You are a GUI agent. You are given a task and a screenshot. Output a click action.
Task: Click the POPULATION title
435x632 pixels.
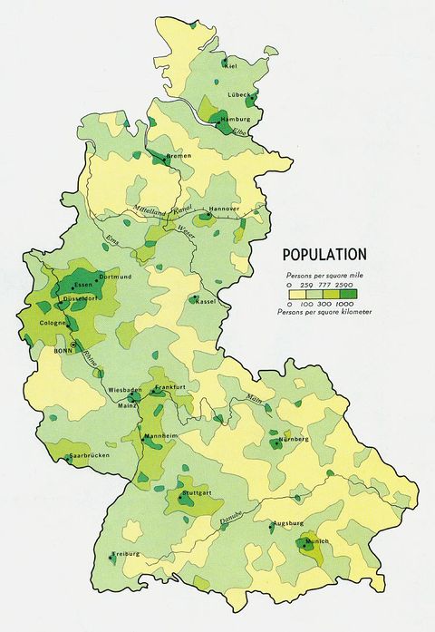(324, 255)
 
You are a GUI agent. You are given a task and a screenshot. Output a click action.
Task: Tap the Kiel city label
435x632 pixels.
(232, 65)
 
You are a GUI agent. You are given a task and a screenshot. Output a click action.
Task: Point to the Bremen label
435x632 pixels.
(179, 157)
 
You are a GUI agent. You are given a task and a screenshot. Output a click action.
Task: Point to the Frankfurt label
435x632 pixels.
(170, 387)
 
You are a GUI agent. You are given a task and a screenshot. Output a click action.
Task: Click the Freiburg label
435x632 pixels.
(127, 553)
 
